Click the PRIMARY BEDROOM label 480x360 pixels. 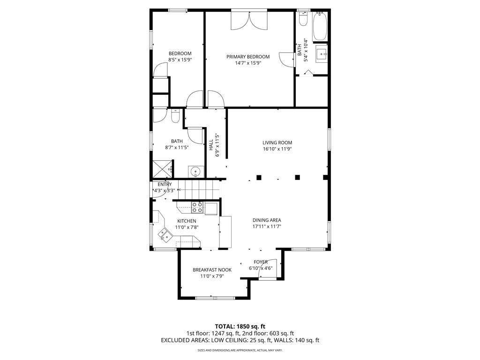[x=248, y=57]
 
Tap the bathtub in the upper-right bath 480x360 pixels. [x=320, y=26]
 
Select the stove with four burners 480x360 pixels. [x=197, y=207]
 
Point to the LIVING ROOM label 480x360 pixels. [x=277, y=142]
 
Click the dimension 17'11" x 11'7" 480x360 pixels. [x=267, y=226]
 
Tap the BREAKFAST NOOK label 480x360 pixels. [x=212, y=270]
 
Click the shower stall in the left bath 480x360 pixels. [x=162, y=168]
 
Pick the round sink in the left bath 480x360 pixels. [x=196, y=172]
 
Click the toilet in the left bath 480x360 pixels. [x=175, y=116]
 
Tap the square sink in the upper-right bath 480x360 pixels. [x=322, y=54]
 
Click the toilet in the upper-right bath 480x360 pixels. [x=303, y=18]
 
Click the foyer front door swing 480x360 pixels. [x=268, y=269]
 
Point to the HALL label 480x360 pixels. [x=211, y=145]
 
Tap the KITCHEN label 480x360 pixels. [x=187, y=221]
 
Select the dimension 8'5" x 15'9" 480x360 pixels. [x=180, y=60]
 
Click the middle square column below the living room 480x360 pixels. [x=297, y=177]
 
